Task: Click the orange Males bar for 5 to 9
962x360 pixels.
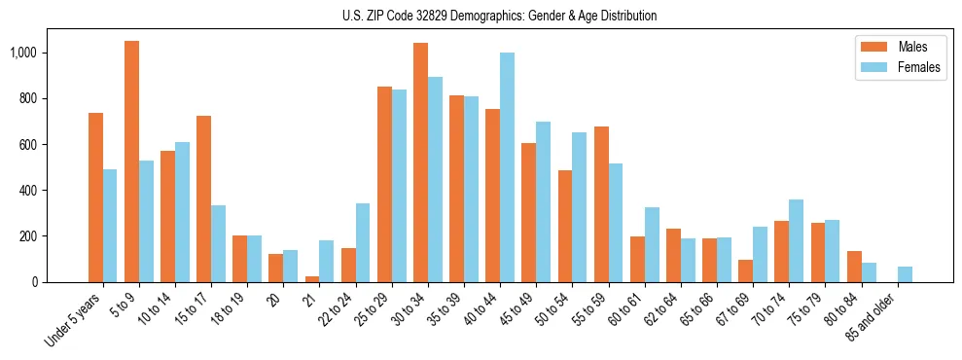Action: click(131, 162)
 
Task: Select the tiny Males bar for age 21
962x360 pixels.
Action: click(312, 279)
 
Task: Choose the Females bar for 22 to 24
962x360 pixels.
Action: click(363, 243)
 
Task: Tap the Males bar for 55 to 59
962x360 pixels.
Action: click(601, 204)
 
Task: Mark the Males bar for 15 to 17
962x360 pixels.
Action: click(203, 199)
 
